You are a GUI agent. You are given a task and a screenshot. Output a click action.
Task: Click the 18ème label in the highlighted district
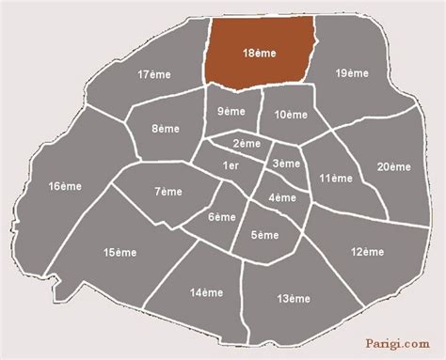tap(259, 55)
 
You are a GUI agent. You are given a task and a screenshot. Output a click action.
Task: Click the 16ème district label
tap(65, 187)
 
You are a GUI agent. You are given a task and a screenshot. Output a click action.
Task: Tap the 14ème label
tap(205, 294)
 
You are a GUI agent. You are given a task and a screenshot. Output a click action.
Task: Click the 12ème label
tap(368, 252)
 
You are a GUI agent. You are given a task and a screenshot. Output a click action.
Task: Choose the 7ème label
tap(169, 192)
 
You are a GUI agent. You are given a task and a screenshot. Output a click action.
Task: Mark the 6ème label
tap(222, 217)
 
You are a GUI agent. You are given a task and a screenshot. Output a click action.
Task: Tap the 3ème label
tap(287, 164)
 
